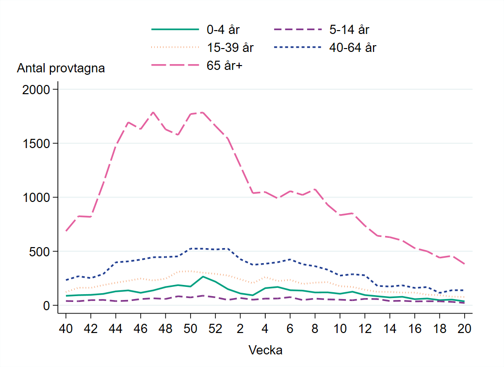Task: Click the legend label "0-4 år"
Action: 223,30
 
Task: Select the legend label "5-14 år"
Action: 349,30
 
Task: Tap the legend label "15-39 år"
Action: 230,48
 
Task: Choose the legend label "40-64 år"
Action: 353,48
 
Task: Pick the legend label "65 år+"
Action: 224,66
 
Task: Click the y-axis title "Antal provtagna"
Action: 61,68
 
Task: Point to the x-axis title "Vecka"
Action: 265,350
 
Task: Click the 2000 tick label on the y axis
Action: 37,90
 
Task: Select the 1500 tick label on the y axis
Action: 37,144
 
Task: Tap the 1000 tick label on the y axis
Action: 37,198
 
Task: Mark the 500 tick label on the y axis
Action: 40,251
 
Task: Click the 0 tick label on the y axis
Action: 47,305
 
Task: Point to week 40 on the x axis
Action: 66,328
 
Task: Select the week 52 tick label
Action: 215,328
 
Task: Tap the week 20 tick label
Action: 464,328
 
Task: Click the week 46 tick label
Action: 141,328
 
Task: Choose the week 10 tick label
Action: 340,328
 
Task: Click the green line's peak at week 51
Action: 203,276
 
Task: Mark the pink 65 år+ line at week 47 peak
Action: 153,112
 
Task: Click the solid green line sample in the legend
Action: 175,30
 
